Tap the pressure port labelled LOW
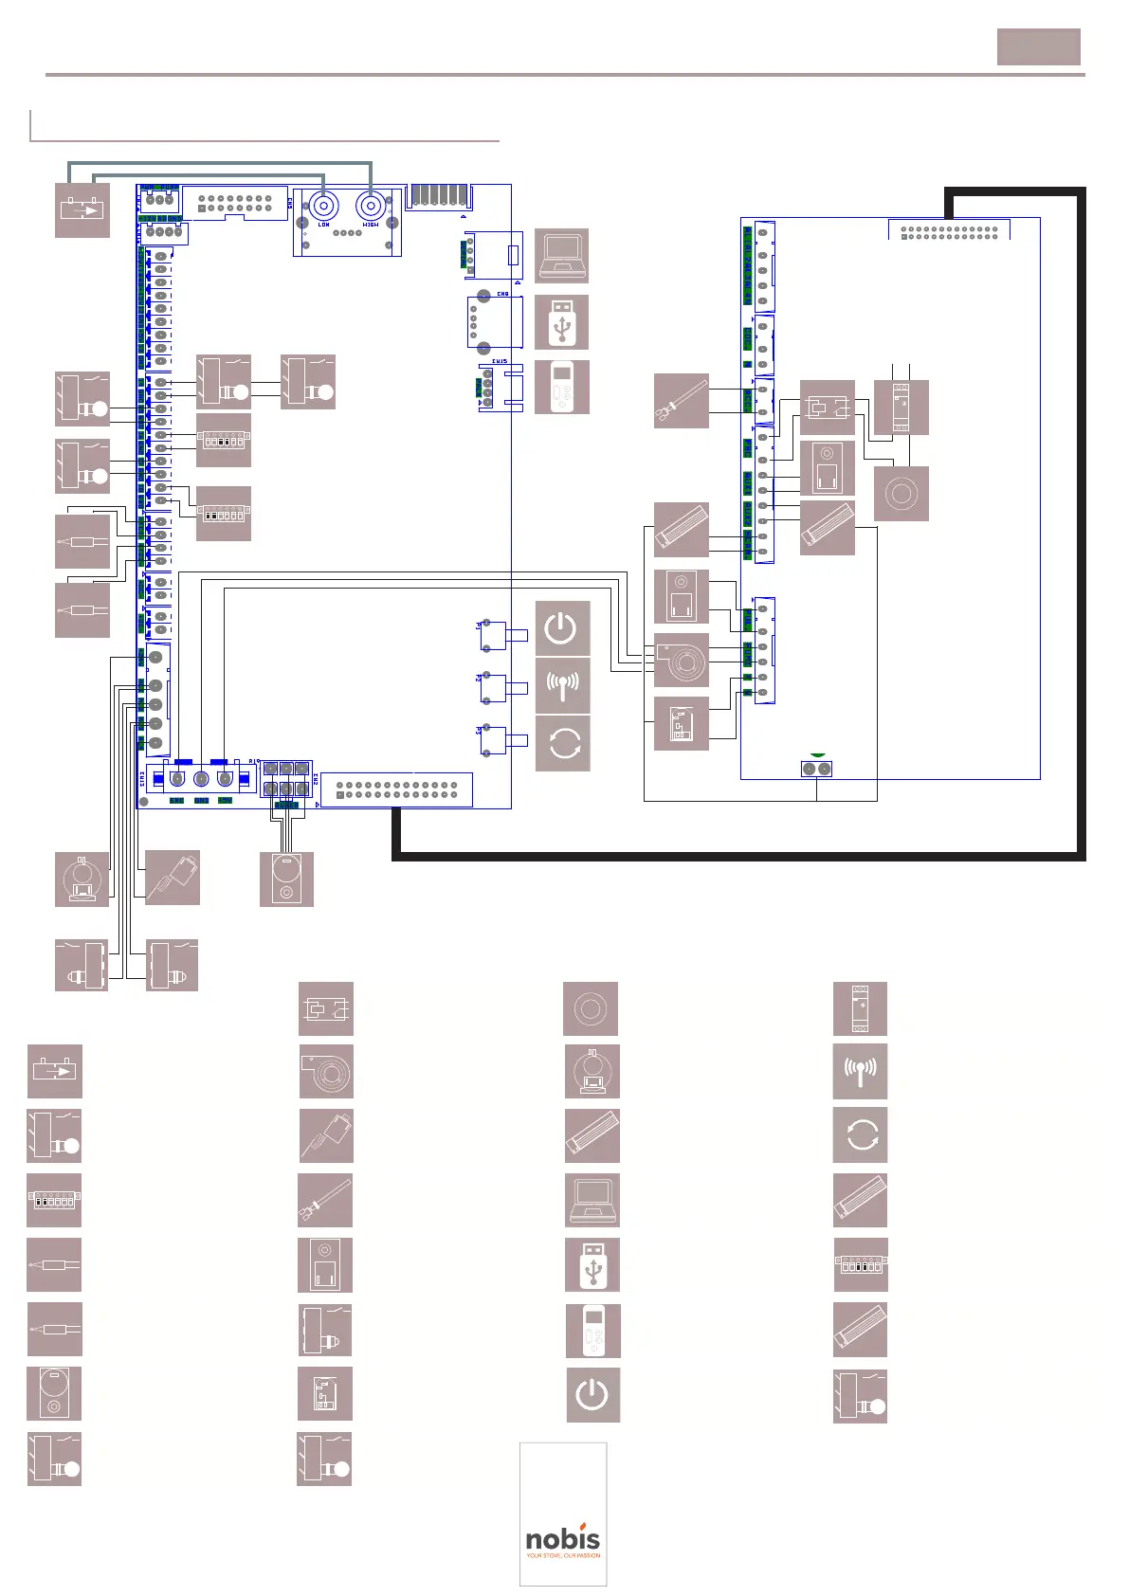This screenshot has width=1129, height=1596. (324, 206)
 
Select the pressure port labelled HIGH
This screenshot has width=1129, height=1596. (370, 206)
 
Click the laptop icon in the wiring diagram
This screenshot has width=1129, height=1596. (561, 255)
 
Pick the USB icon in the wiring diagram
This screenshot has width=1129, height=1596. (561, 321)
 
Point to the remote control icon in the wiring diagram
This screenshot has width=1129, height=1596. (561, 387)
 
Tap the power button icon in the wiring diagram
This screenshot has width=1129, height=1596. (562, 627)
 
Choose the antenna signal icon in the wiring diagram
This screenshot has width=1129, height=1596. (562, 685)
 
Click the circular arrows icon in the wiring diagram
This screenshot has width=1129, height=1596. (562, 743)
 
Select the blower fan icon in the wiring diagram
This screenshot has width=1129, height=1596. (682, 661)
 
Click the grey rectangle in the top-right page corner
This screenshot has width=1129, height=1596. (1038, 46)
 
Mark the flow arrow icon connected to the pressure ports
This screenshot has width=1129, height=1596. (82, 209)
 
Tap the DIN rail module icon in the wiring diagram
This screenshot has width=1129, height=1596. (901, 408)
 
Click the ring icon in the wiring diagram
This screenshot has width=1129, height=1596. (901, 493)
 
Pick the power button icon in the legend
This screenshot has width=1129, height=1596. (593, 1394)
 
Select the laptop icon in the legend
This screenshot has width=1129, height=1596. (592, 1200)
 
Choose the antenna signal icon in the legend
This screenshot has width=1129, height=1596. (860, 1071)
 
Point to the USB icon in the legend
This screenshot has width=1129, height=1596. (592, 1264)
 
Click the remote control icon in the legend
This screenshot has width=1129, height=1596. (593, 1330)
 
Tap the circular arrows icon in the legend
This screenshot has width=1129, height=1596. (860, 1135)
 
